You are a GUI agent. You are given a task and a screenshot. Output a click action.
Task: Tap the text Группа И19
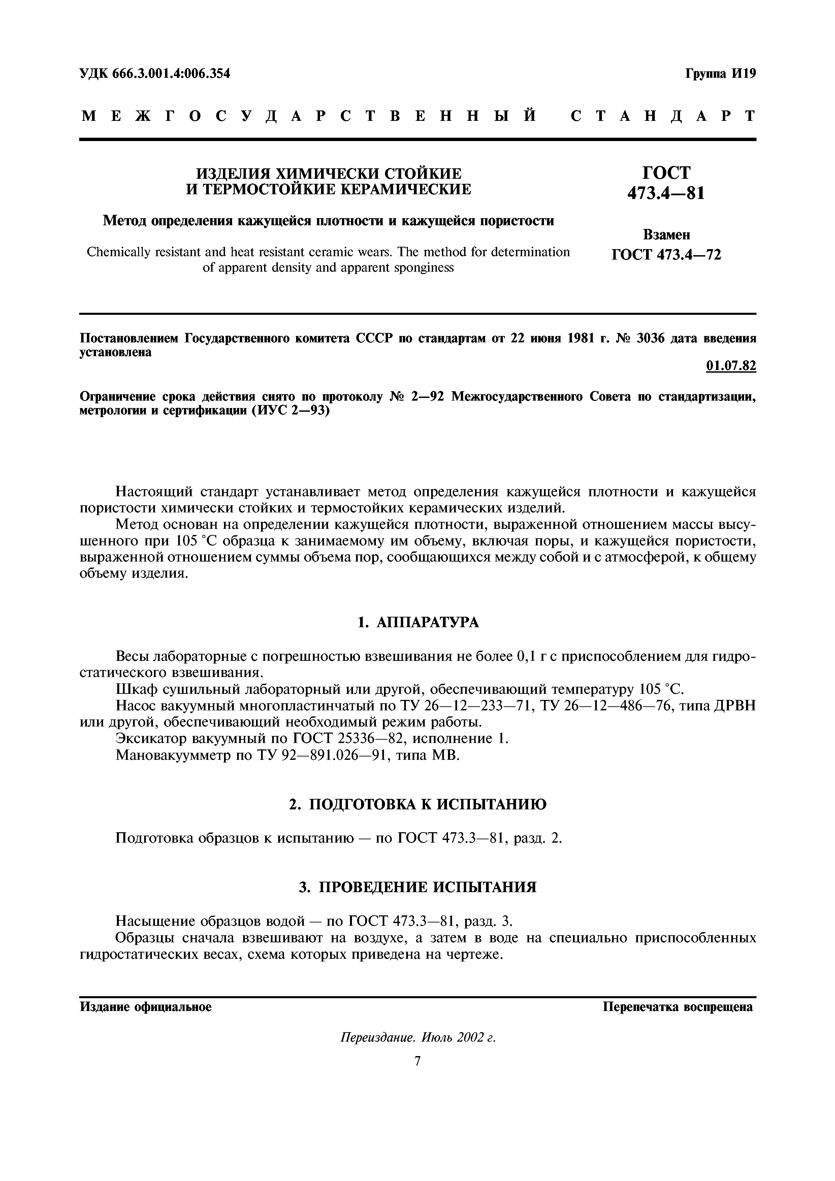coord(720,73)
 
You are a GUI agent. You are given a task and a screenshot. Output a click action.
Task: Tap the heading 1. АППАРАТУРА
coord(418,622)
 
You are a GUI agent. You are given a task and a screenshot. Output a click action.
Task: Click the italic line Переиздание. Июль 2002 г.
coord(418,1038)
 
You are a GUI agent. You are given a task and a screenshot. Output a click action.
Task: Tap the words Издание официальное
coord(146,1007)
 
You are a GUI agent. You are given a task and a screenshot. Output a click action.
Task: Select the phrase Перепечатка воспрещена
coord(678,1007)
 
